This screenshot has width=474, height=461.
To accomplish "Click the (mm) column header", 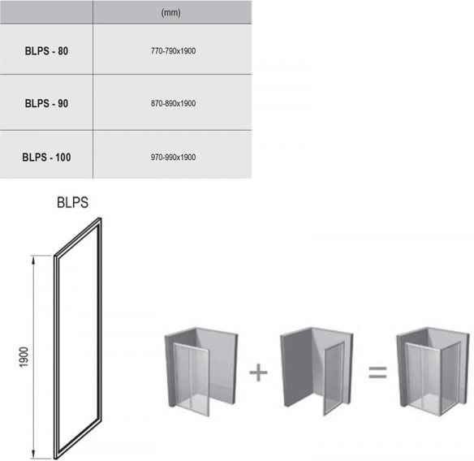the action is [170, 12].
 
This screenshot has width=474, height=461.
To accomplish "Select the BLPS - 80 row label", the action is [46, 51].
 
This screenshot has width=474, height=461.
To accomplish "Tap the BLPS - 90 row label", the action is [46, 103].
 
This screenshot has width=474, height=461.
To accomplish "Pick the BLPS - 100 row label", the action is [46, 157].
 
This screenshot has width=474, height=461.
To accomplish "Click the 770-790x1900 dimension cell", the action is [173, 51].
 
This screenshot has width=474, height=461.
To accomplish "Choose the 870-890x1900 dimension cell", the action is [173, 103].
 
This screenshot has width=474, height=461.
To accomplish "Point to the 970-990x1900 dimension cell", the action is [173, 157].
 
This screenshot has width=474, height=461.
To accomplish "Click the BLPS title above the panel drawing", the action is [72, 203].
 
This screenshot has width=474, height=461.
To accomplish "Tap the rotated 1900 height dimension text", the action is [24, 357].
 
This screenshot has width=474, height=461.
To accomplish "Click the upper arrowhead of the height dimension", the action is [33, 259].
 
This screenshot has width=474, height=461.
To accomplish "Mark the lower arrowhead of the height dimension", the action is [33, 455].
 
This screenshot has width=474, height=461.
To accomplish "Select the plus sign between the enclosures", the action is [258, 372].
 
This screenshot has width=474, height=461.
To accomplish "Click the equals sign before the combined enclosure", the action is [377, 373].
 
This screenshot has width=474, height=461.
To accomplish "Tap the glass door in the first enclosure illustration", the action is [192, 379].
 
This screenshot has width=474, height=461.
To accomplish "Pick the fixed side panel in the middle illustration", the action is [334, 379].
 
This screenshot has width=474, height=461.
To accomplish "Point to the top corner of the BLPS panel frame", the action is [100, 218].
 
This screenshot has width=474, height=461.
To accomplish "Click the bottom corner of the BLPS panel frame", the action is [56, 458].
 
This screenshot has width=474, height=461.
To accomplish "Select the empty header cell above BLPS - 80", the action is [46, 12].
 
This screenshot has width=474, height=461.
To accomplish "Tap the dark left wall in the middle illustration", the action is [296, 368].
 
